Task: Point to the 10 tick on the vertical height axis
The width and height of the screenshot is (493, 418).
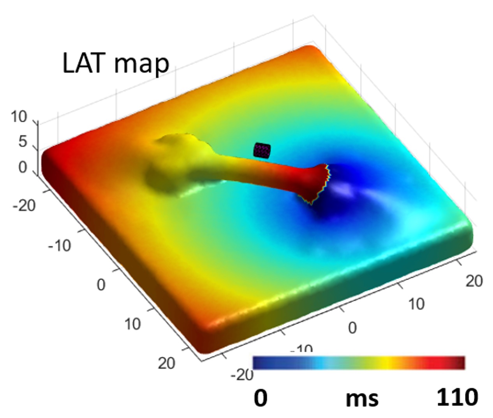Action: [19, 116]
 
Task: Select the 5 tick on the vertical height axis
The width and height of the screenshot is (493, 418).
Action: [23, 142]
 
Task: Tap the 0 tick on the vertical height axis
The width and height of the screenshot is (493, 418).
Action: [23, 167]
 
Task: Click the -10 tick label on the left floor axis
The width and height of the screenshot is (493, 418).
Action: [59, 246]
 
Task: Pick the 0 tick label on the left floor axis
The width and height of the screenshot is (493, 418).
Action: [101, 285]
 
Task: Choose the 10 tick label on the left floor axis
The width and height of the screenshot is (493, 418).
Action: [132, 323]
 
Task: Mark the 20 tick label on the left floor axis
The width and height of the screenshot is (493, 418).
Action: [166, 363]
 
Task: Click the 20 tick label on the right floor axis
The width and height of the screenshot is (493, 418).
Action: [474, 281]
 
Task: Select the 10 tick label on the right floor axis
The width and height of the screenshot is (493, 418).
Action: [416, 304]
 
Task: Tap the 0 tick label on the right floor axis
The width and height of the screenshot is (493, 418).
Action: [352, 328]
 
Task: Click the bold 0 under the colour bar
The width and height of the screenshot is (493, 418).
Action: [261, 398]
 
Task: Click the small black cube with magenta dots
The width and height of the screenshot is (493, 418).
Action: [262, 150]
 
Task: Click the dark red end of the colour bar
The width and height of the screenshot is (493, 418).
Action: [460, 362]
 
